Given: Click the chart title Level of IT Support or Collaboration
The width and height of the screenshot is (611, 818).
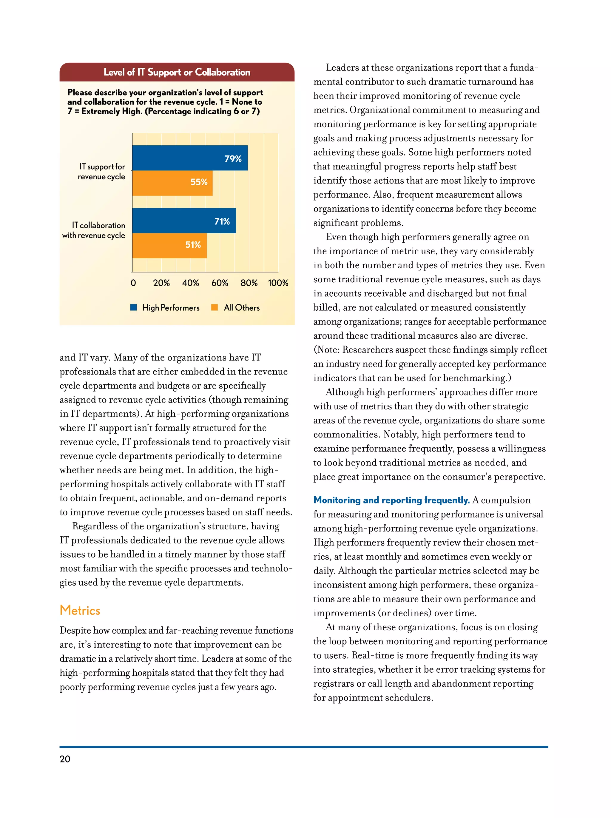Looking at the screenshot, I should [177, 72].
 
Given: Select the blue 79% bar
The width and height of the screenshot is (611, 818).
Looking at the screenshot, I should [190, 158].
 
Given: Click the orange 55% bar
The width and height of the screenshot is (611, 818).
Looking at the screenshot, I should [172, 183].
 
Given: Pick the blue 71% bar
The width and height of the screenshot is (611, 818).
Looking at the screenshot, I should [184, 221].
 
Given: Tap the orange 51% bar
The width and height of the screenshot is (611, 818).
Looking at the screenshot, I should [169, 245].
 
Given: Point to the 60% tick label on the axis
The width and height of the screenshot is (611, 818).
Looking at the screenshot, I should [220, 283].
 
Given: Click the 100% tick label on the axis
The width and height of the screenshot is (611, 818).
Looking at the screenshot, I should [278, 283].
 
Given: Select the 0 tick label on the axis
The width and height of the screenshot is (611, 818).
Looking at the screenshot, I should [133, 283].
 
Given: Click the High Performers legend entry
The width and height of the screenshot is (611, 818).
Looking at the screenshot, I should [170, 308].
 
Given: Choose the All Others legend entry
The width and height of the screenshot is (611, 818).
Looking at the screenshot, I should [241, 308].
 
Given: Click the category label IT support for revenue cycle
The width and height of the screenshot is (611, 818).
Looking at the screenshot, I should [102, 172].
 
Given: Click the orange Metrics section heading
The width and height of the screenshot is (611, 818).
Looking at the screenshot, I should [80, 610].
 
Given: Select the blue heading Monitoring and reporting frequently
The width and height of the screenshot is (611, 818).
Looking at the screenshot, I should [391, 500].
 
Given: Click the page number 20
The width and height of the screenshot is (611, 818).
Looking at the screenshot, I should [65, 759].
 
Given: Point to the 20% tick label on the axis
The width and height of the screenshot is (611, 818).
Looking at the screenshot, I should [161, 283].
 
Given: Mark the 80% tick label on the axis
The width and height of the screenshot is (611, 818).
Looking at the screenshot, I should [249, 283].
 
